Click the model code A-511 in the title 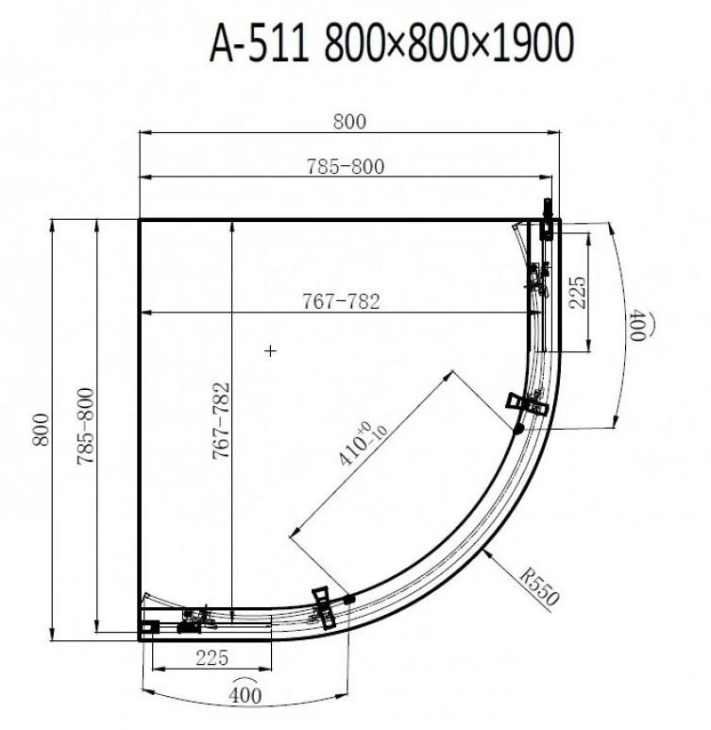(260, 43)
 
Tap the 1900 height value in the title (533, 43)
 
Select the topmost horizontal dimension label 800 (349, 122)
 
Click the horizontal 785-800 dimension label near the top (346, 166)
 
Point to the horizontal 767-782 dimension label (341, 301)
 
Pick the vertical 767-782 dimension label (221, 421)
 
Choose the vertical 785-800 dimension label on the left (85, 426)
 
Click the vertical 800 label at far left (41, 430)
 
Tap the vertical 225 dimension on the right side (577, 293)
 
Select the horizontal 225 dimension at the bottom (212, 658)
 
